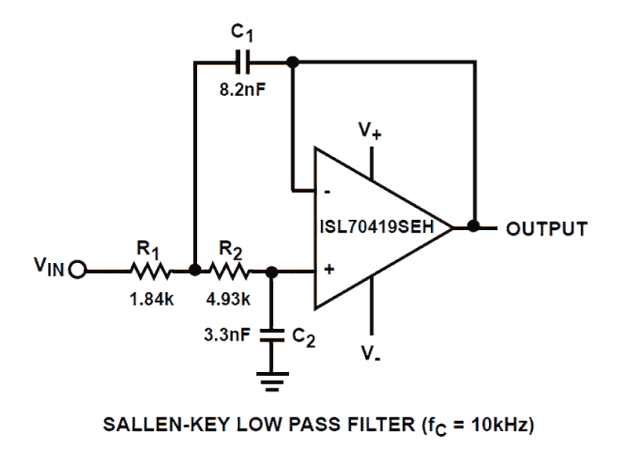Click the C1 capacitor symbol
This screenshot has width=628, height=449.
point(242,62)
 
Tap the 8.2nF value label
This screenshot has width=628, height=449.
point(242,91)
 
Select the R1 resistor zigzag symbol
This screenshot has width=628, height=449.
point(151,271)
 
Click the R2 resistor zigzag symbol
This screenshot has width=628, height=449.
point(228,271)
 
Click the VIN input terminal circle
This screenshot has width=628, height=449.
point(78,271)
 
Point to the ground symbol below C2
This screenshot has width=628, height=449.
point(271,378)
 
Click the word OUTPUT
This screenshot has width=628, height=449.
point(546,228)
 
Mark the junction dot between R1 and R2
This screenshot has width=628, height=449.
point(195,271)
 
